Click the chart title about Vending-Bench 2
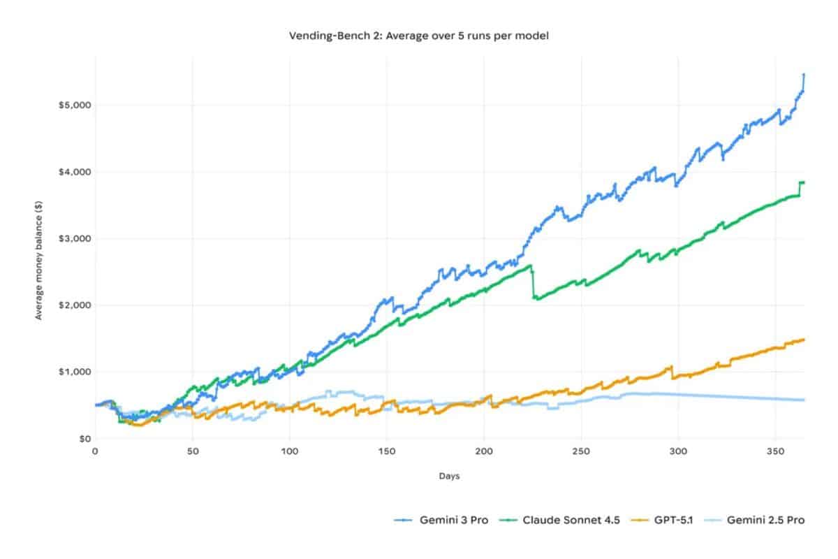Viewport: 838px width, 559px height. (418, 36)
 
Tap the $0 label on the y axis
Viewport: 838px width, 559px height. (82, 439)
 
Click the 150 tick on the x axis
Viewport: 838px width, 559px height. (387, 451)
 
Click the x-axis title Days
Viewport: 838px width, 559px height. (449, 476)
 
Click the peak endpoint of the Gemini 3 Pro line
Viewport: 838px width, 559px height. (804, 74)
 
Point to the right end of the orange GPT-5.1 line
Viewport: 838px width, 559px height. (804, 340)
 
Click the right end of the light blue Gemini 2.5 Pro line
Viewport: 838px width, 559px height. (804, 400)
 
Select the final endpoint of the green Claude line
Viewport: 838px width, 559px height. (804, 182)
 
